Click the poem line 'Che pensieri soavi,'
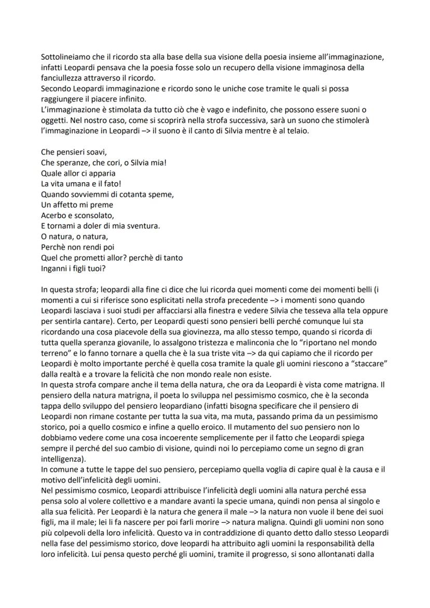(73, 153)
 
